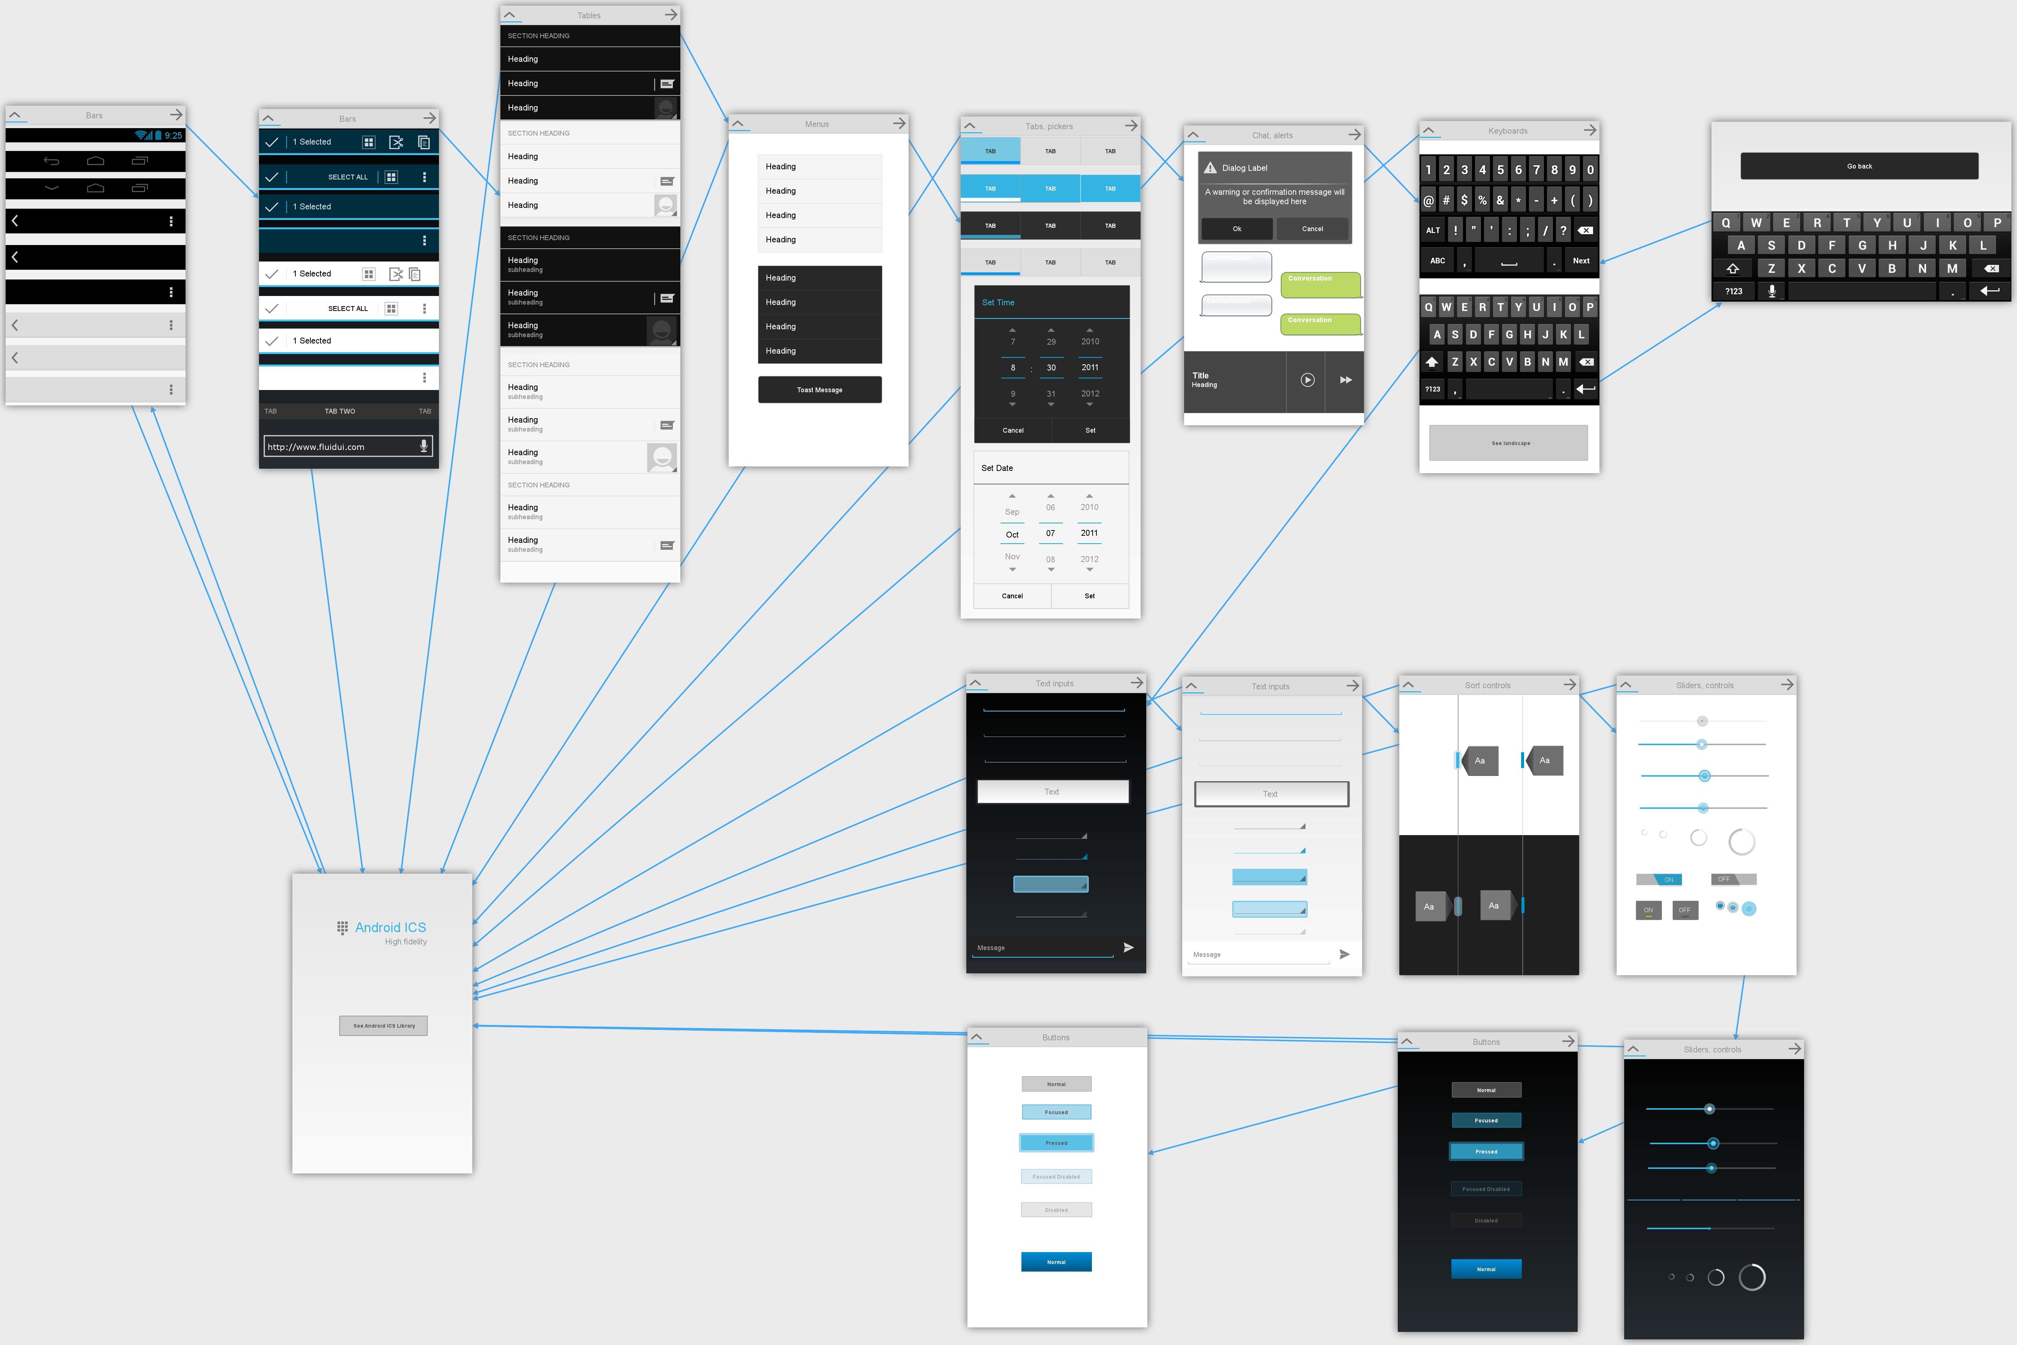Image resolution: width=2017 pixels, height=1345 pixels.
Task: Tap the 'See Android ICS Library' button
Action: [383, 1026]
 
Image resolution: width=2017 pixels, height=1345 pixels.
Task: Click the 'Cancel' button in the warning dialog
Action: [1312, 229]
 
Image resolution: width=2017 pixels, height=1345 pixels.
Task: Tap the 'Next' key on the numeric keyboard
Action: [1580, 261]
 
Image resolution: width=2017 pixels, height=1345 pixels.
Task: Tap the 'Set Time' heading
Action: [998, 303]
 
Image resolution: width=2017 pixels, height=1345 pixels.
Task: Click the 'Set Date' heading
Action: [997, 468]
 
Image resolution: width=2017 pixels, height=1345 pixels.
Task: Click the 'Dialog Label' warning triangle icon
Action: [1210, 168]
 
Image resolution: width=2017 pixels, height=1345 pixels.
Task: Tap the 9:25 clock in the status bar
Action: [173, 136]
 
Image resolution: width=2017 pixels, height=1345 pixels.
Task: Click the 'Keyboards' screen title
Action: [1507, 131]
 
